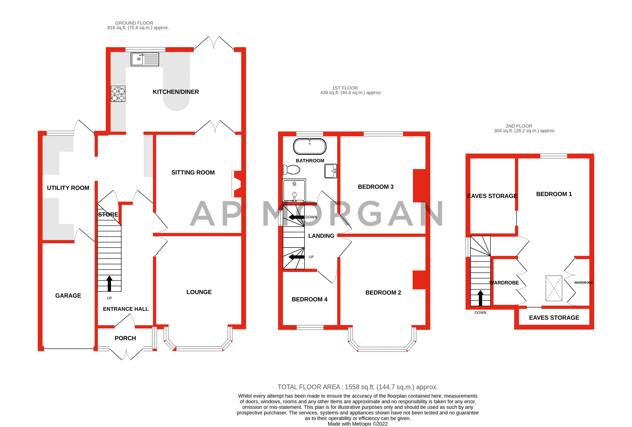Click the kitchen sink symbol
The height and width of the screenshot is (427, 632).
coord(145,59)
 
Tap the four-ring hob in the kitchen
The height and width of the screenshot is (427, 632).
coord(118,94)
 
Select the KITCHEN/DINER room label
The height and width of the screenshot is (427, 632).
coord(176,92)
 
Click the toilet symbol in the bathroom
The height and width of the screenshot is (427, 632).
coord(291,170)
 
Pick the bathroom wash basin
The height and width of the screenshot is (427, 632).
coord(330,171)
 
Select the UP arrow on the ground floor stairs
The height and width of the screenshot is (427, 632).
coord(109,283)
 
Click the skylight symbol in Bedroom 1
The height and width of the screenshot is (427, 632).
coord(554,288)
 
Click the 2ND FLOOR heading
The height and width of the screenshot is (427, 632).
coord(519,126)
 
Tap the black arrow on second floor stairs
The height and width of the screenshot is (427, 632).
coord(480,298)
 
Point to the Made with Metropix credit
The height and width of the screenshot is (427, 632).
coord(357,424)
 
